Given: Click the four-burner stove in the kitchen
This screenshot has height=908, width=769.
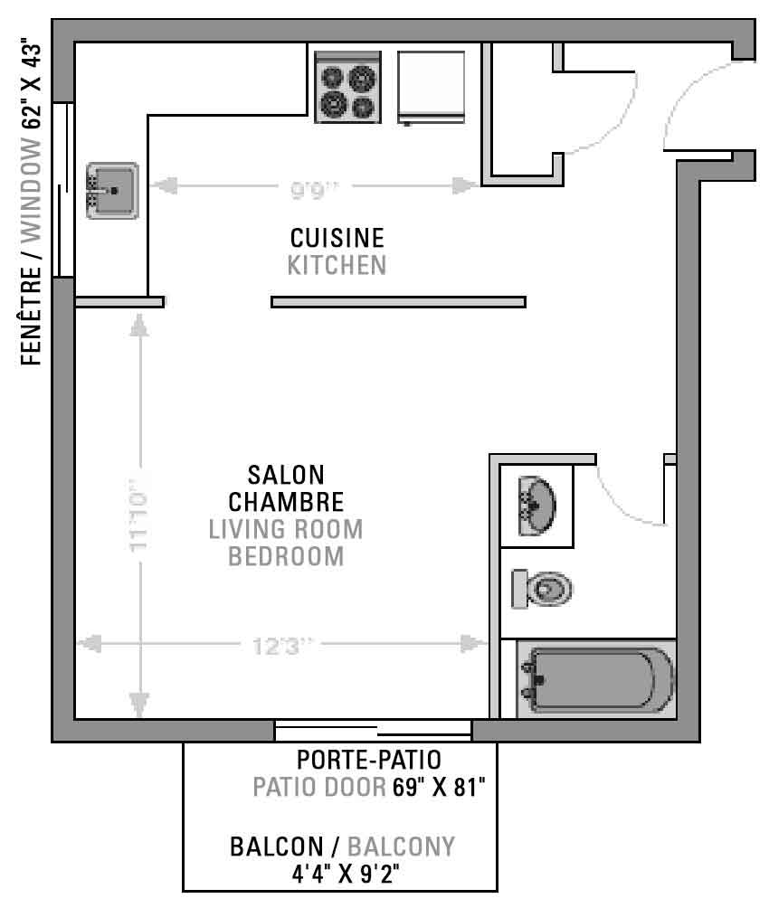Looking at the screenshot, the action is pyautogui.click(x=347, y=87).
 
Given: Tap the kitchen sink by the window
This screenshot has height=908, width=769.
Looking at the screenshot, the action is pyautogui.click(x=112, y=191).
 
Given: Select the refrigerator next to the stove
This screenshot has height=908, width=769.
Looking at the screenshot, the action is pyautogui.click(x=432, y=88).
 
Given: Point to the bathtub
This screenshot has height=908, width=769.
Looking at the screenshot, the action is pyautogui.click(x=596, y=678).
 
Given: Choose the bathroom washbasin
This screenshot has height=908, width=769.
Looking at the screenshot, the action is pyautogui.click(x=537, y=506).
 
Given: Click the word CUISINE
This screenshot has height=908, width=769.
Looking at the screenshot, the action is pyautogui.click(x=337, y=238).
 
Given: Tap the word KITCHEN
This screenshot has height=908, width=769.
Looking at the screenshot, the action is pyautogui.click(x=337, y=265).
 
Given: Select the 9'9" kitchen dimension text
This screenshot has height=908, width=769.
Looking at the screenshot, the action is pyautogui.click(x=314, y=188).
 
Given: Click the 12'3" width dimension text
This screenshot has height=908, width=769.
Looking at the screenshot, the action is pyautogui.click(x=283, y=645).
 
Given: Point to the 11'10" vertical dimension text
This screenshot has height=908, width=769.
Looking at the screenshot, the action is pyautogui.click(x=139, y=515).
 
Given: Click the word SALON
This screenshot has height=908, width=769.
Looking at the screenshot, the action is pyautogui.click(x=286, y=475).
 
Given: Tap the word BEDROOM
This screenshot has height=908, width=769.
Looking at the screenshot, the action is pyautogui.click(x=286, y=556).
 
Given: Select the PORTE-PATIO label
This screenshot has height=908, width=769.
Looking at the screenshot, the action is pyautogui.click(x=369, y=760).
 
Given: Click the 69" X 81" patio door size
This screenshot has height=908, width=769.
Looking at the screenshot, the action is pyautogui.click(x=439, y=787).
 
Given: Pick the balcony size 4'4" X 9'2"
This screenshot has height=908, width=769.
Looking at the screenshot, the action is pyautogui.click(x=346, y=874).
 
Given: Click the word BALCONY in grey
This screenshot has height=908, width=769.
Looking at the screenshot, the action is pyautogui.click(x=401, y=847).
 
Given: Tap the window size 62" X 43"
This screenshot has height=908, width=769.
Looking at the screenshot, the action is pyautogui.click(x=32, y=86).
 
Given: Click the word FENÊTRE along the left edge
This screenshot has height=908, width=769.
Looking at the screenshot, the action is pyautogui.click(x=32, y=316).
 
